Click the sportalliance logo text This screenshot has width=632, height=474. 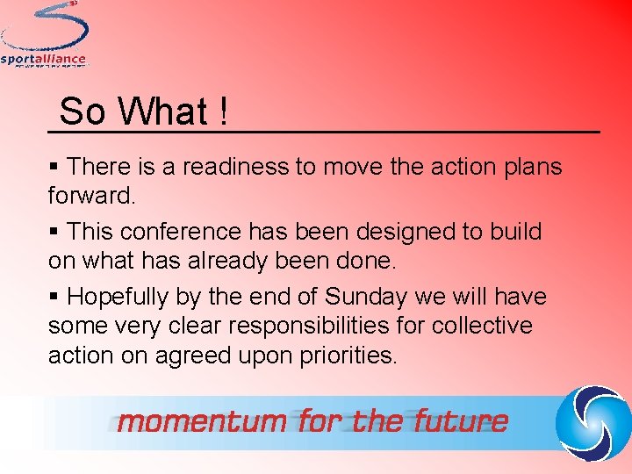tap(44, 60)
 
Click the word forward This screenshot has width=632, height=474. tap(90, 196)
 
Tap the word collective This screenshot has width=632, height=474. tap(482, 327)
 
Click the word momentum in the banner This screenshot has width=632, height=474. tap(202, 421)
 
